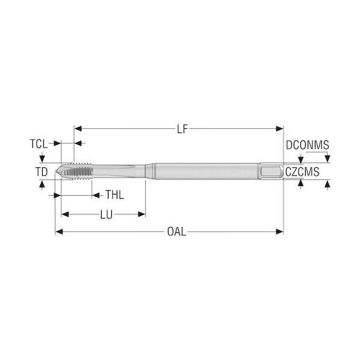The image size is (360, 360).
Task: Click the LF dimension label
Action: (182, 129)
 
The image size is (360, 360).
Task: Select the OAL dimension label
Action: (176, 232)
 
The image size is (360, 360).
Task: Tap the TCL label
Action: (39, 144)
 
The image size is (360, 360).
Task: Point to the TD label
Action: (42, 172)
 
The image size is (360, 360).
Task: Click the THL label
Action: (114, 195)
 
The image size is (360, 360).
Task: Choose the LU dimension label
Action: (107, 215)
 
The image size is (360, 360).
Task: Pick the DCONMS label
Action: (308, 145)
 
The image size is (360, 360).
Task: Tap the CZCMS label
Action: (302, 172)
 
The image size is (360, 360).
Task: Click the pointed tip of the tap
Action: (56, 171)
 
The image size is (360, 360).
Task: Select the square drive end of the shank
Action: (272, 171)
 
